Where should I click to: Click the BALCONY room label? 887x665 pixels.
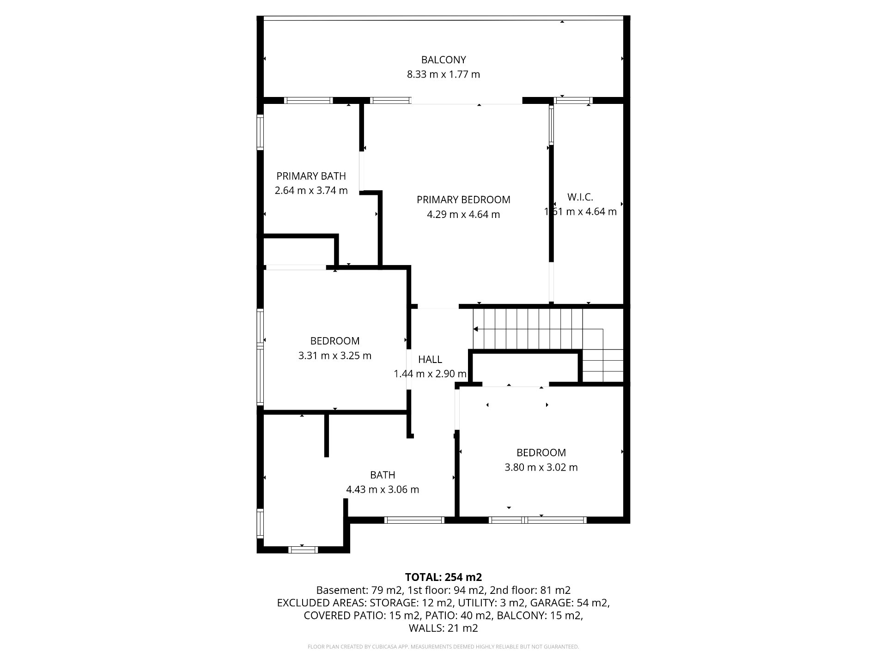(443, 60)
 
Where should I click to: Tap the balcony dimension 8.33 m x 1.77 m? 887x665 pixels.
(443, 74)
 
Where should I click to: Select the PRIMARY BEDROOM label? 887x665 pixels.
(463, 199)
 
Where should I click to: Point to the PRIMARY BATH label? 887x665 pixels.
(311, 176)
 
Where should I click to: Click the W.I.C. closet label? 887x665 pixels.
(580, 197)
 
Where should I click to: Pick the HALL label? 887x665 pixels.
(430, 359)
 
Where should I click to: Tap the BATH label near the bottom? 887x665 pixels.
(383, 475)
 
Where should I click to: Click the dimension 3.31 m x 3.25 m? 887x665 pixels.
(335, 356)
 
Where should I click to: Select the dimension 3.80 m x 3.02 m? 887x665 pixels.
(541, 467)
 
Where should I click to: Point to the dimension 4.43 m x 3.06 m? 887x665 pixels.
(383, 490)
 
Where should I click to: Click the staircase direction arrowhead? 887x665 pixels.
(476, 329)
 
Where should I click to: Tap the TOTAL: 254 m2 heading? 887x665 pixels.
(443, 577)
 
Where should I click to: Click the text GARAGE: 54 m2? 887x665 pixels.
(569, 603)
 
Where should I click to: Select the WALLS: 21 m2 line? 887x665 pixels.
(443, 628)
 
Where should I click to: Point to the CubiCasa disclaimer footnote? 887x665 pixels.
(443, 647)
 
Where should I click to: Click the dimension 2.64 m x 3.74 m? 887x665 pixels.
(311, 190)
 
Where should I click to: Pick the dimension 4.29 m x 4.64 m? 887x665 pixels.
(463, 214)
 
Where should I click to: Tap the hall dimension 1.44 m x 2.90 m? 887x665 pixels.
(430, 374)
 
